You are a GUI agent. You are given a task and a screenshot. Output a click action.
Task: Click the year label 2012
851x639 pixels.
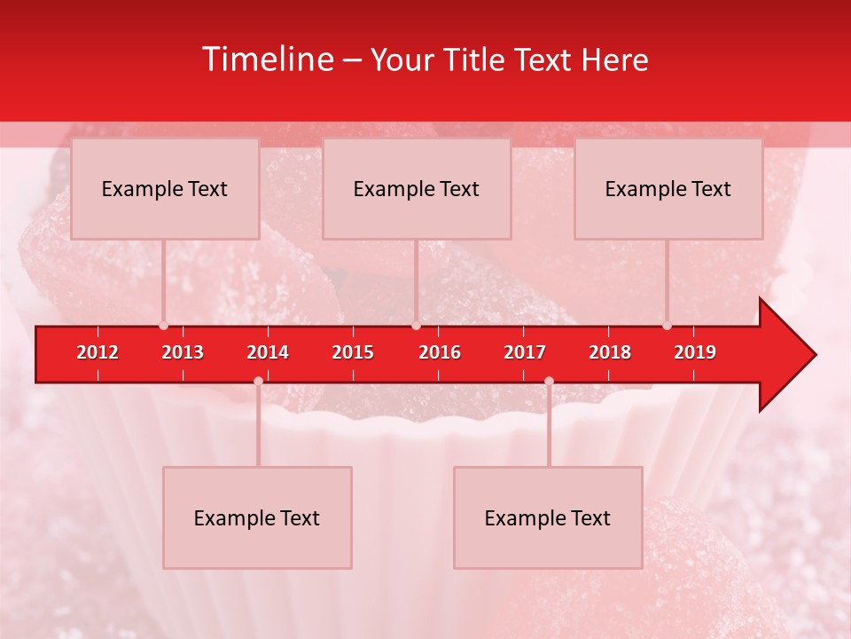pos(98,352)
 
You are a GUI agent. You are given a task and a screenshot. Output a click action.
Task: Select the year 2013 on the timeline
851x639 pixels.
pos(183,352)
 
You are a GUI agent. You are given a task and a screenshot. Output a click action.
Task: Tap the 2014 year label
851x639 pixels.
pos(268,352)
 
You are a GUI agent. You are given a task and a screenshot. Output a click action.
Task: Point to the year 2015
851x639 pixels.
pos(353,352)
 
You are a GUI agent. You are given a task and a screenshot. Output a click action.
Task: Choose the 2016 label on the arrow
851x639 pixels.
pos(440,352)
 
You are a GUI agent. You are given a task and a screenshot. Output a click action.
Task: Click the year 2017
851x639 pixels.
pos(525,352)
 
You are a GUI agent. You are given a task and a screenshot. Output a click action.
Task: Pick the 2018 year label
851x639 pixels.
pos(610,352)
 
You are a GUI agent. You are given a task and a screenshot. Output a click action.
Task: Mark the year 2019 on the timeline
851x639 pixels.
pos(695,352)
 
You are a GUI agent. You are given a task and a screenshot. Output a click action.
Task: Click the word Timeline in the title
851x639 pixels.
pos(267,59)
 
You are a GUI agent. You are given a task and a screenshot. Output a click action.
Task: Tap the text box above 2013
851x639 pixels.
pos(165,188)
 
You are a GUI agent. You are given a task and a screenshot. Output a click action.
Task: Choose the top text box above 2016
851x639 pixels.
pos(417,188)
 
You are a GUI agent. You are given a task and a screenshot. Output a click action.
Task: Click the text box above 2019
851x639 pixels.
pos(668,188)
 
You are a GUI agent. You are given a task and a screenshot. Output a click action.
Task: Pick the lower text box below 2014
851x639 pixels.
pos(257,517)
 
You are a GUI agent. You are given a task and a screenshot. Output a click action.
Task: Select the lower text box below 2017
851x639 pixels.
pos(548,517)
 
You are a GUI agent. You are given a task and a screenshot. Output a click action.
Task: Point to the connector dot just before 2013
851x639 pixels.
pos(163,325)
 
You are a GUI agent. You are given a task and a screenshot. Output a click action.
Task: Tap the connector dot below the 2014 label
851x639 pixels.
pos(258,381)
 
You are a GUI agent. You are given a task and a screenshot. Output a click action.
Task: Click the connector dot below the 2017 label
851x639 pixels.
pos(549,381)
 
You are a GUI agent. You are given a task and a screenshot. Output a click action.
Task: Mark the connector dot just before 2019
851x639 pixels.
pos(667,325)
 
